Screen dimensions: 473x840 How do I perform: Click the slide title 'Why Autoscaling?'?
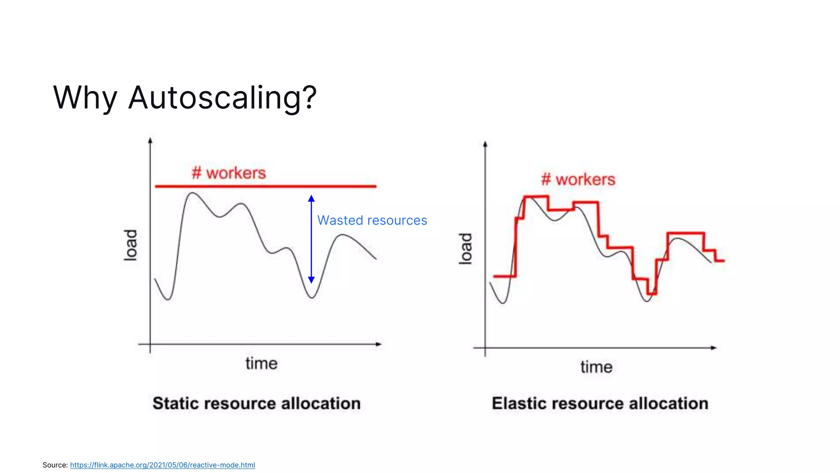(185, 98)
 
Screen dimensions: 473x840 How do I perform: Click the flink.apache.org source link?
(162, 465)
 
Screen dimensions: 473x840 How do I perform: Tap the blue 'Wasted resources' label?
(372, 220)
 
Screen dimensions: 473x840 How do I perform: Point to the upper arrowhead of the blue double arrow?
(311, 199)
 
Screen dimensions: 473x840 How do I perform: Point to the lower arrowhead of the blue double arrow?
(311, 280)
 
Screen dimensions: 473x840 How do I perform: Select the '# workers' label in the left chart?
(229, 173)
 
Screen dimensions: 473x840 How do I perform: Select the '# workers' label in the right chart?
(578, 179)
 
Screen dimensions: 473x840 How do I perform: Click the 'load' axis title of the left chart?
(130, 245)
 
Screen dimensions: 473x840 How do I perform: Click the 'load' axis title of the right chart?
(465, 248)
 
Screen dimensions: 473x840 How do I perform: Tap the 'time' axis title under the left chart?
(261, 363)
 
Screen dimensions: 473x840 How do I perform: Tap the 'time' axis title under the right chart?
(596, 367)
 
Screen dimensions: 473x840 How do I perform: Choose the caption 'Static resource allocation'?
(257, 403)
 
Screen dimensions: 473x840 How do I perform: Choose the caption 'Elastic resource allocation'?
(600, 403)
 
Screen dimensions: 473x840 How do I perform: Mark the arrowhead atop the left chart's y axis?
(150, 140)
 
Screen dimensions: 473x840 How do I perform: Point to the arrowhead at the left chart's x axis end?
(379, 344)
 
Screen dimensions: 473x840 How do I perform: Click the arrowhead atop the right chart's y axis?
(485, 144)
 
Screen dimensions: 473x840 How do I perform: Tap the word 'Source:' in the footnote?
(55, 465)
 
